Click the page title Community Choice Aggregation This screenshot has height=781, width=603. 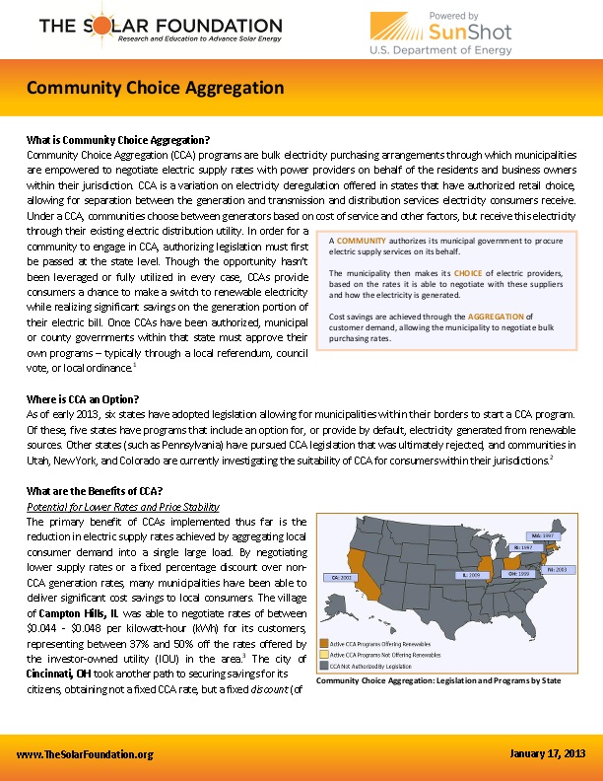click(x=156, y=88)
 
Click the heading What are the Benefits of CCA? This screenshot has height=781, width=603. click(x=95, y=492)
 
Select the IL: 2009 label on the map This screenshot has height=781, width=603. click(x=470, y=573)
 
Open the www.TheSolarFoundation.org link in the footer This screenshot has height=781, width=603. click(x=86, y=754)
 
